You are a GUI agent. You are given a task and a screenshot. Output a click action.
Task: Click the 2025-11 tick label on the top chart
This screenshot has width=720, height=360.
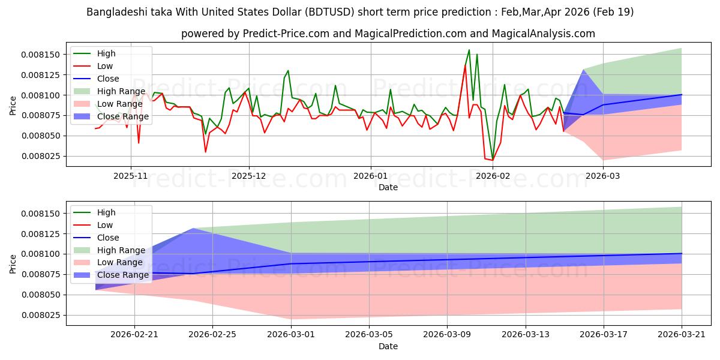pos(131,176)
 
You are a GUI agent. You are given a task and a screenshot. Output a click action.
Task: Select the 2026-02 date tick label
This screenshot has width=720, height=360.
pos(493,176)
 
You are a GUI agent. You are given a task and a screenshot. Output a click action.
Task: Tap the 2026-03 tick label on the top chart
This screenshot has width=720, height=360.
pos(603,176)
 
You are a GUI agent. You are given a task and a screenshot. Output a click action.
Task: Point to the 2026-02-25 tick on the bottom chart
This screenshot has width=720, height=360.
pos(212,335)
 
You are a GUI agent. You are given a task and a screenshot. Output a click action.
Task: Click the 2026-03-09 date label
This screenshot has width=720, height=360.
pos(447,335)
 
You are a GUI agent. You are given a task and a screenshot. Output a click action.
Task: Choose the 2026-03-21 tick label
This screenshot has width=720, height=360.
pos(682,335)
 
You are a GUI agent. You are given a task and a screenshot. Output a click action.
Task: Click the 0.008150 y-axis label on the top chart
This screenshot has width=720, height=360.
pos(41,55)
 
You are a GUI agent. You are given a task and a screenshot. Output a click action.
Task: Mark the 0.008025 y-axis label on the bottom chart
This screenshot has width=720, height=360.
pos(41,316)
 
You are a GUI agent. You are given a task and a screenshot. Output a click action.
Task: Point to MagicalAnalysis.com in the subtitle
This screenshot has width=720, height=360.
pos(543,34)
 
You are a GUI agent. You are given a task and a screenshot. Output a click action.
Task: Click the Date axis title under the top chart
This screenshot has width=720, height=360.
pos(388,187)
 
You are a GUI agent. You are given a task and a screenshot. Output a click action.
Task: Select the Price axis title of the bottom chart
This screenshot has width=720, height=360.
pos(13,264)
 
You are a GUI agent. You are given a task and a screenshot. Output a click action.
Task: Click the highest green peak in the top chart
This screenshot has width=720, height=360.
pos(469,50)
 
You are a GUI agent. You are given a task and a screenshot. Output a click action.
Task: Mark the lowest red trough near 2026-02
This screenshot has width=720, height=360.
pos(493,160)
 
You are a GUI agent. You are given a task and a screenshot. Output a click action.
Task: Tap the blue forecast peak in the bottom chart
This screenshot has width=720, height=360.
pos(193,229)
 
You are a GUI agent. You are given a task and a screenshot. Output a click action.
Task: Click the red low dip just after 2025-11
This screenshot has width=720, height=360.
pos(139,143)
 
